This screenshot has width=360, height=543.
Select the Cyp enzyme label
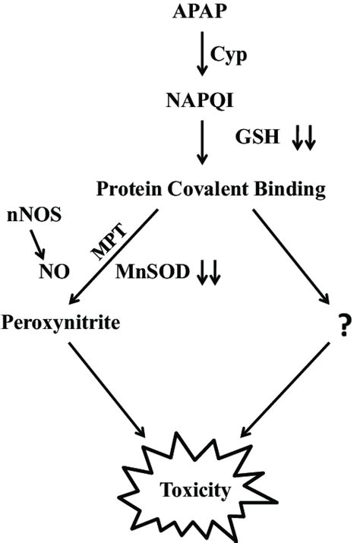(232, 55)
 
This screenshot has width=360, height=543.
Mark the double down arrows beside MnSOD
(208, 272)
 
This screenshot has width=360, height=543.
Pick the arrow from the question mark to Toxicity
(287, 390)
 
